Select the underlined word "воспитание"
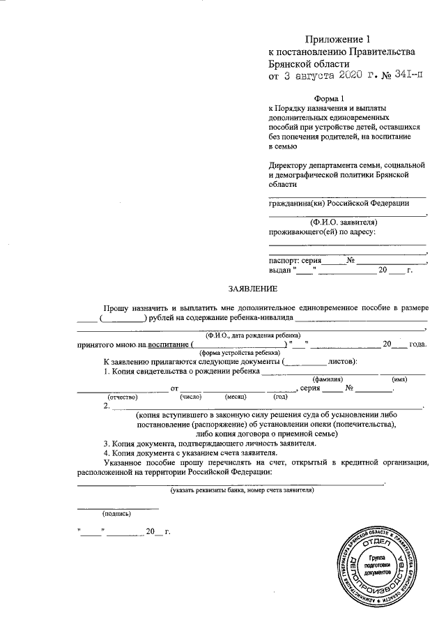pos(166,344)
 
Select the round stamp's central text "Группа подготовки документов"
pos(379,563)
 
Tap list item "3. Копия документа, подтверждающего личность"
pos(210,443)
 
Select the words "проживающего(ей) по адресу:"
pos(322,231)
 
